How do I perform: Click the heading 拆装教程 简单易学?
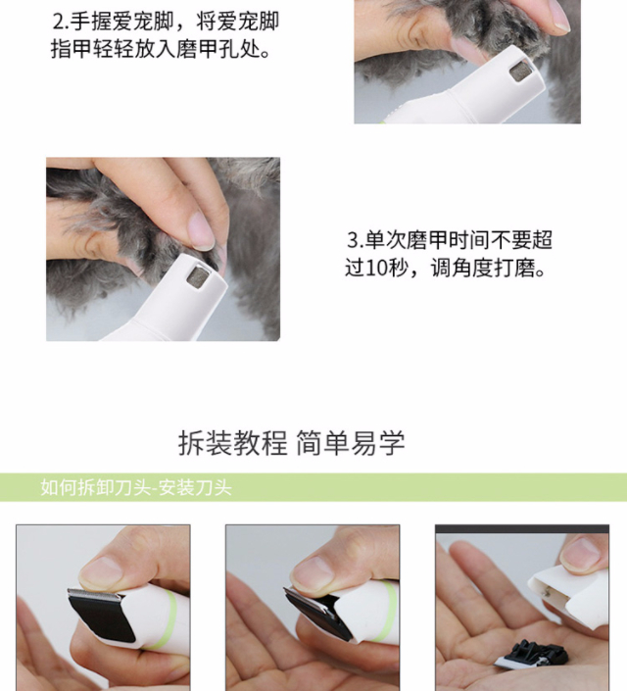pos(291,443)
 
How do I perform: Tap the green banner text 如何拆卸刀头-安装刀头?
pos(136,488)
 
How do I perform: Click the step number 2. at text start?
pos(61,22)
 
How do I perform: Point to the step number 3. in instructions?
pos(355,240)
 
